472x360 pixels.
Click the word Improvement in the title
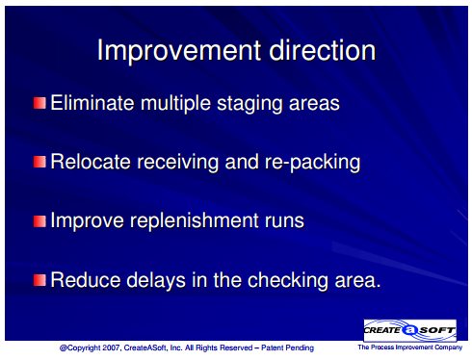pyautogui.click(x=179, y=51)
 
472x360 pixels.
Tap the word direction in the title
pyautogui.click(x=323, y=50)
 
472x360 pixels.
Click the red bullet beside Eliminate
pyautogui.click(x=39, y=103)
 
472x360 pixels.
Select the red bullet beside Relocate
pyautogui.click(x=39, y=162)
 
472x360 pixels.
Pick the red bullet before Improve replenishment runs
pyautogui.click(x=39, y=221)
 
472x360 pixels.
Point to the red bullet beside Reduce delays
pyautogui.click(x=39, y=280)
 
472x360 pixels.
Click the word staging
pyautogui.click(x=249, y=105)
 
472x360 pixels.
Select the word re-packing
pyautogui.click(x=312, y=164)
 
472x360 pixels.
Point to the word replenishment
pyautogui.click(x=194, y=222)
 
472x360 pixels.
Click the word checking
pyautogui.click(x=288, y=281)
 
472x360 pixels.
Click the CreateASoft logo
pyautogui.click(x=410, y=330)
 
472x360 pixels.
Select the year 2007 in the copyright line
pyautogui.click(x=111, y=347)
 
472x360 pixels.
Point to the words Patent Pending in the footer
pyautogui.click(x=287, y=347)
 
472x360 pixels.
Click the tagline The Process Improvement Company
pyautogui.click(x=410, y=347)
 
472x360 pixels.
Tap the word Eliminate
pyautogui.click(x=92, y=103)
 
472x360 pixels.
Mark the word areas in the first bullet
pyautogui.click(x=314, y=104)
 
